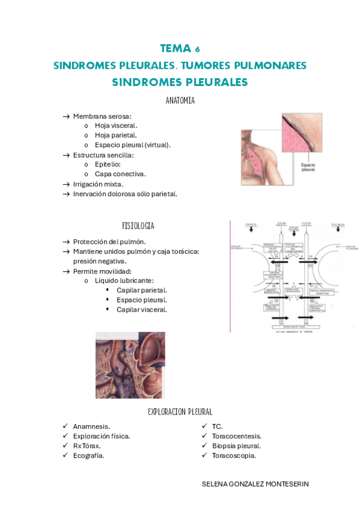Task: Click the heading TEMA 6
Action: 180,49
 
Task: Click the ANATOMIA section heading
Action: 180,101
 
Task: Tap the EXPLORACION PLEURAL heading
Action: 180,412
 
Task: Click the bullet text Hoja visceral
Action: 116,126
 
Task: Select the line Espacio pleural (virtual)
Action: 132,145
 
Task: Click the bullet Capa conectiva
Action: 120,174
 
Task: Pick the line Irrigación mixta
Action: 98,184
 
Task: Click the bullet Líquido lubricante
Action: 124,280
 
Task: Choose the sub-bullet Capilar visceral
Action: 142,309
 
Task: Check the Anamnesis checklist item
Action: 91,426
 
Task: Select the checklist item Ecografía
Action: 88,455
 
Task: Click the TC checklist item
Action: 218,426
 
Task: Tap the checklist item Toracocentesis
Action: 236,436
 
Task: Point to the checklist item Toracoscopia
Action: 234,455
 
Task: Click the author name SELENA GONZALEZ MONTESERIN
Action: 255,484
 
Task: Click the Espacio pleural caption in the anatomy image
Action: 308,166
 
